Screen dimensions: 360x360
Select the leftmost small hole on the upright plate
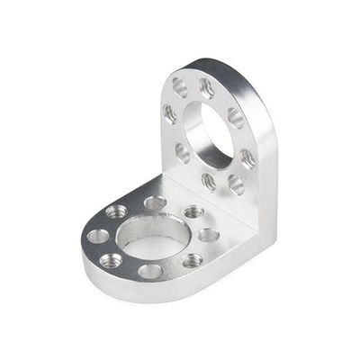[169, 114]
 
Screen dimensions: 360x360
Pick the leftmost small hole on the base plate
[98, 237]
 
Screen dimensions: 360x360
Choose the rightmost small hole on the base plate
[209, 235]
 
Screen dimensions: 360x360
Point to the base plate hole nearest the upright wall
[193, 212]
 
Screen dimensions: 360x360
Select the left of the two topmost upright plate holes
[180, 87]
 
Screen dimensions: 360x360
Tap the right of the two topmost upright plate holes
[207, 88]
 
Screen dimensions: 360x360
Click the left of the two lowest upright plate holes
[209, 181]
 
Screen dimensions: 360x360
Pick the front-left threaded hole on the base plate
[111, 261]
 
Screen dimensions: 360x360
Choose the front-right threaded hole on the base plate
[192, 261]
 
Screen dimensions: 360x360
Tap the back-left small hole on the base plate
[116, 211]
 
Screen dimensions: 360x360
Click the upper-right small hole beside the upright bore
[235, 118]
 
